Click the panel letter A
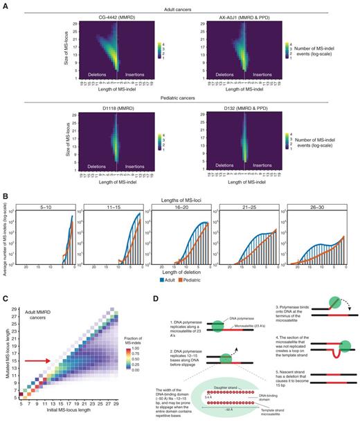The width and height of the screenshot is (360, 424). [5, 4]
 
